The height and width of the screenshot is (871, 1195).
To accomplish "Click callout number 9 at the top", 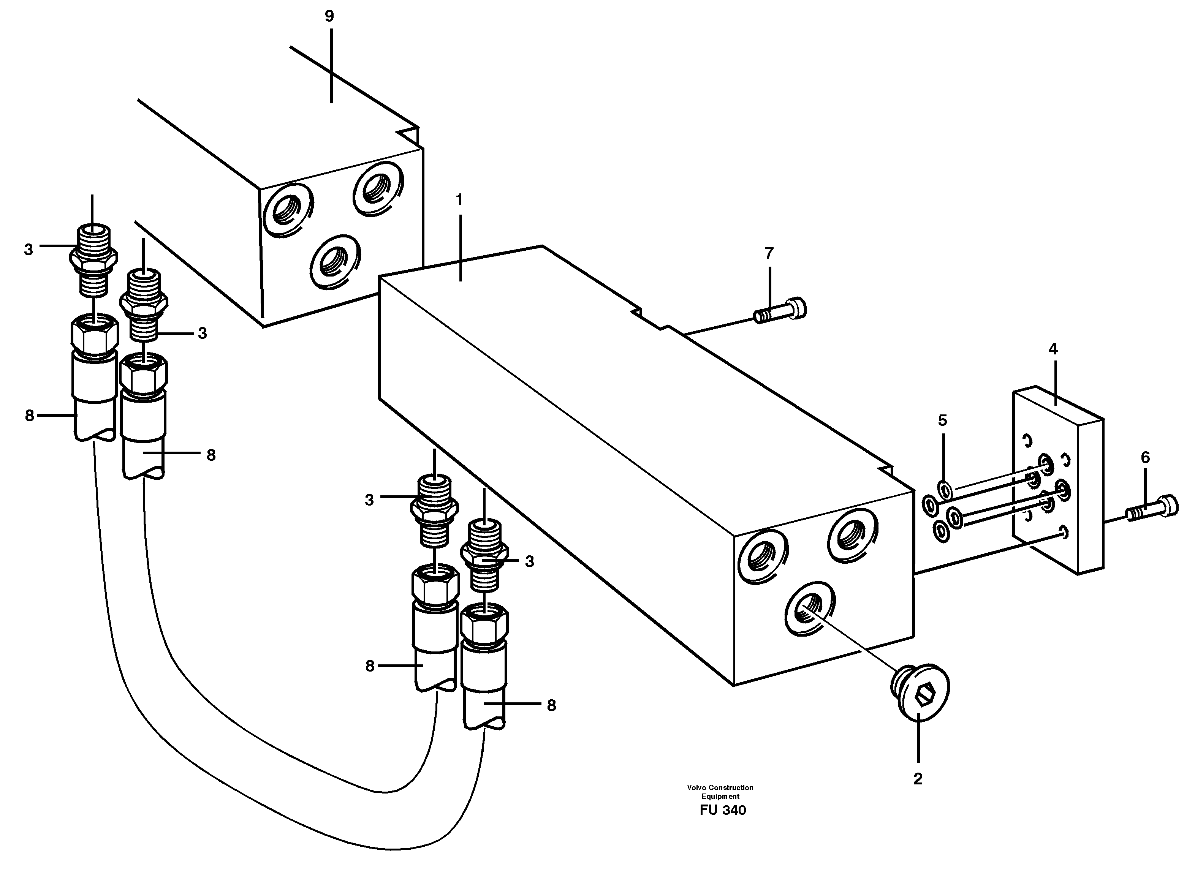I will click(x=329, y=16).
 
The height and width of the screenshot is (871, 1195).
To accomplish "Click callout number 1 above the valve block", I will click(x=459, y=200).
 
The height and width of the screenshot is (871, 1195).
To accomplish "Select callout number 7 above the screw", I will click(x=769, y=254).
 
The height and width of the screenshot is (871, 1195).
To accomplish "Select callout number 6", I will click(x=1146, y=458).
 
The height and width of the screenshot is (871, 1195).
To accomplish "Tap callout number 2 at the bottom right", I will click(x=918, y=779).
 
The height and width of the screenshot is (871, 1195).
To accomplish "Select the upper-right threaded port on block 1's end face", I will click(x=852, y=536).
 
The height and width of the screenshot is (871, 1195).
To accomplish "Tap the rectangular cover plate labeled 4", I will click(x=1057, y=480).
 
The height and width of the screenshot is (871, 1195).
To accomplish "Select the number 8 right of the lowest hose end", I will click(x=551, y=705).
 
